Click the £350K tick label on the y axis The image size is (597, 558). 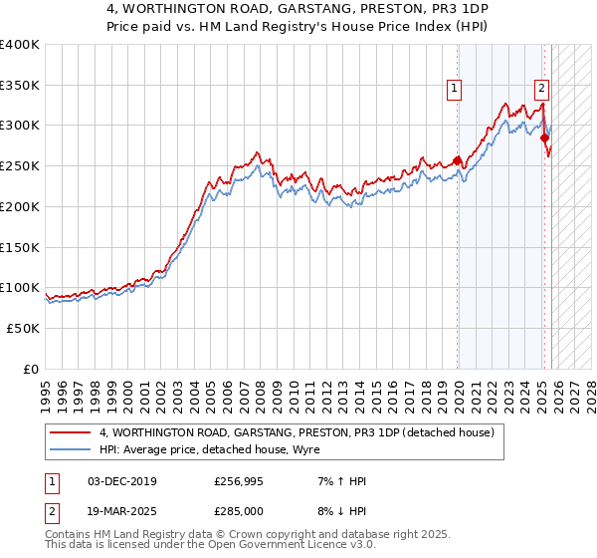pos(20,85)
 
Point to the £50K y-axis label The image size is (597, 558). pos(23,328)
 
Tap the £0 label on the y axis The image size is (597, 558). pos(31,369)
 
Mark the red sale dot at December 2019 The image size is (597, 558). pos(458,159)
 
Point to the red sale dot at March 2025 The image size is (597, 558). pos(545,138)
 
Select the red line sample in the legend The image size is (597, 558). pos(72,432)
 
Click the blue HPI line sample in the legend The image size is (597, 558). pos(72,449)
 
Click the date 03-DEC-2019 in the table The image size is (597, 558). pos(121,481)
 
